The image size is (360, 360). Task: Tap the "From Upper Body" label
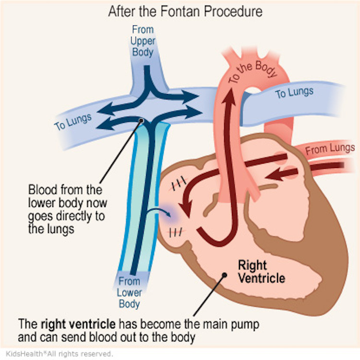click(143, 41)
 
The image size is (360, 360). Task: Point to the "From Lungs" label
click(330, 149)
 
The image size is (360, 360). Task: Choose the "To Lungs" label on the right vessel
click(294, 92)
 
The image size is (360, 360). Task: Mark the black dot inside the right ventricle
click(224, 276)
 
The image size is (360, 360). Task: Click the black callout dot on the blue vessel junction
click(141, 120)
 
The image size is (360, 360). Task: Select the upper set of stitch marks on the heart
click(180, 183)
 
